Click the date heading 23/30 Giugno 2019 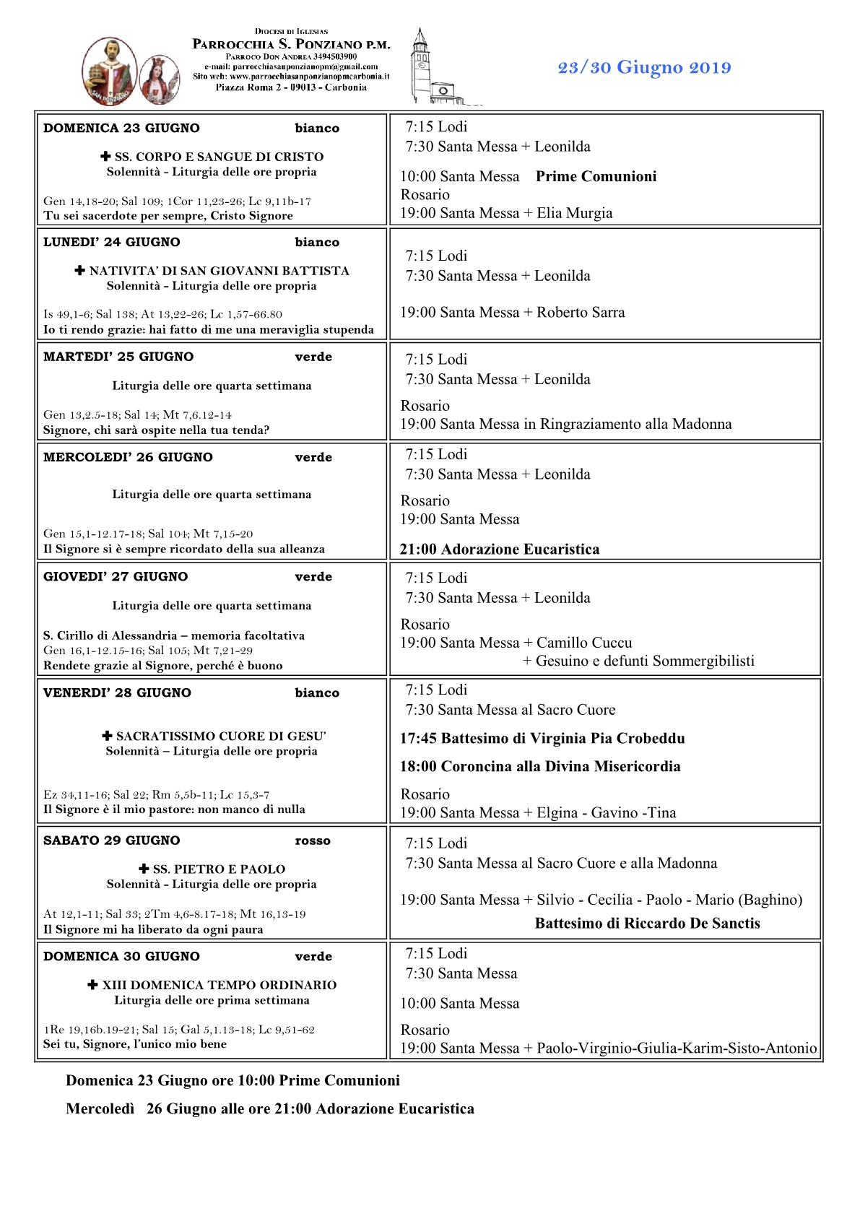click(644, 68)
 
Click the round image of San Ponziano click(110, 72)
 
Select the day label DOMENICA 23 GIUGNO click(121, 129)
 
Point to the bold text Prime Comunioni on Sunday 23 click(596, 177)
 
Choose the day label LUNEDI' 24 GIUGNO click(112, 243)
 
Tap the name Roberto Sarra click(581, 313)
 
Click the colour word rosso click(313, 841)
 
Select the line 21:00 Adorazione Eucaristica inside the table click(500, 550)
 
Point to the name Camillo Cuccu click(584, 643)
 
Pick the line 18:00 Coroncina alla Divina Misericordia click(540, 767)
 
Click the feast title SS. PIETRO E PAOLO click(219, 870)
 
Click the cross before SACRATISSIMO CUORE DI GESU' click(107, 737)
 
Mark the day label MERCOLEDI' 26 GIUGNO click(128, 458)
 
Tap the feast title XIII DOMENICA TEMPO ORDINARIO click(220, 986)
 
